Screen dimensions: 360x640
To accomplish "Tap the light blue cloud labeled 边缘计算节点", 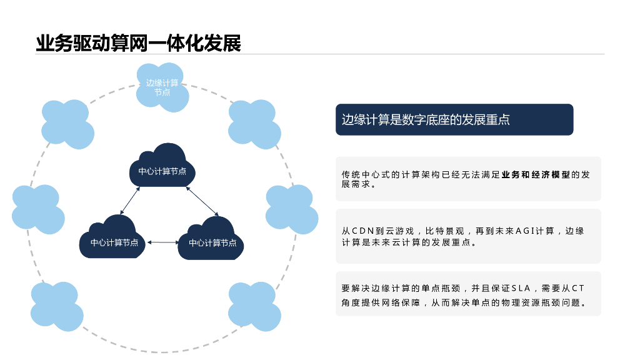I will point(162,87).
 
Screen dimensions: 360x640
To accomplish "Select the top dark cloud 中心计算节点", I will point(162,167).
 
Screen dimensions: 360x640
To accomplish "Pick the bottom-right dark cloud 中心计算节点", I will point(212,241).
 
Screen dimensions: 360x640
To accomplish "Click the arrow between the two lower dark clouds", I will point(163,242).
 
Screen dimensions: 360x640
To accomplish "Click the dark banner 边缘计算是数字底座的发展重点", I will point(454,119).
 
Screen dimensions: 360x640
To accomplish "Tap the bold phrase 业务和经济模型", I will point(536,175).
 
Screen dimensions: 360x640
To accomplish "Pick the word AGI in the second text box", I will point(529,231).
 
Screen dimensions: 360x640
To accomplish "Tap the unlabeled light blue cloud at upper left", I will point(67,124).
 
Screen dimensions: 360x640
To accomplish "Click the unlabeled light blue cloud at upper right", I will point(254,124).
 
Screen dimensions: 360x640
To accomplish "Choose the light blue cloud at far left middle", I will point(37,209).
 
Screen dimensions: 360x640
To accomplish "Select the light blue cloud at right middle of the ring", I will point(291,209).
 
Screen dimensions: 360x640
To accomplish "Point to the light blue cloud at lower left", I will point(56,306).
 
